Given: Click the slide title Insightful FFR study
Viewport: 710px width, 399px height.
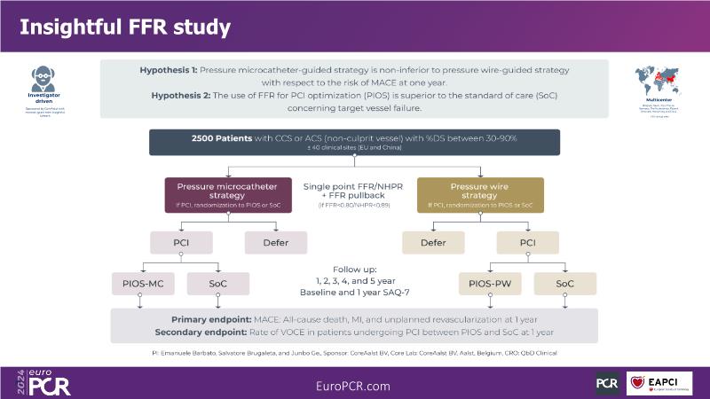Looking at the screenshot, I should pos(125,27).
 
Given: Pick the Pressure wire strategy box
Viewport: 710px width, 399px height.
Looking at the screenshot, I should pos(480,195).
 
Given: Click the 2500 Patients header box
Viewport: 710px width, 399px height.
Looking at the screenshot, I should pos(355,142).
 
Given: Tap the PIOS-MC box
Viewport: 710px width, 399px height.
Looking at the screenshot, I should pos(144,284).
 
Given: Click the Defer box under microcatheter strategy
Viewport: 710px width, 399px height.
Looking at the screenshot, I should pos(275,242).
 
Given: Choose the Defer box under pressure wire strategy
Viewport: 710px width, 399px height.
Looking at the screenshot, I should pos(433,242).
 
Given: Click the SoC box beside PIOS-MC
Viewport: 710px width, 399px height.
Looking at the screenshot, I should pos(217,284).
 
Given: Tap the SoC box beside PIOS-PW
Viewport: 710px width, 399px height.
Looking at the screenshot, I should pos(564,284).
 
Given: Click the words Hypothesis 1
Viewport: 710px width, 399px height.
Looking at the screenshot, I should pos(169,69).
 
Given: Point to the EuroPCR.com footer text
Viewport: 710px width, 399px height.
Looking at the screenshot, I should pos(353,385).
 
